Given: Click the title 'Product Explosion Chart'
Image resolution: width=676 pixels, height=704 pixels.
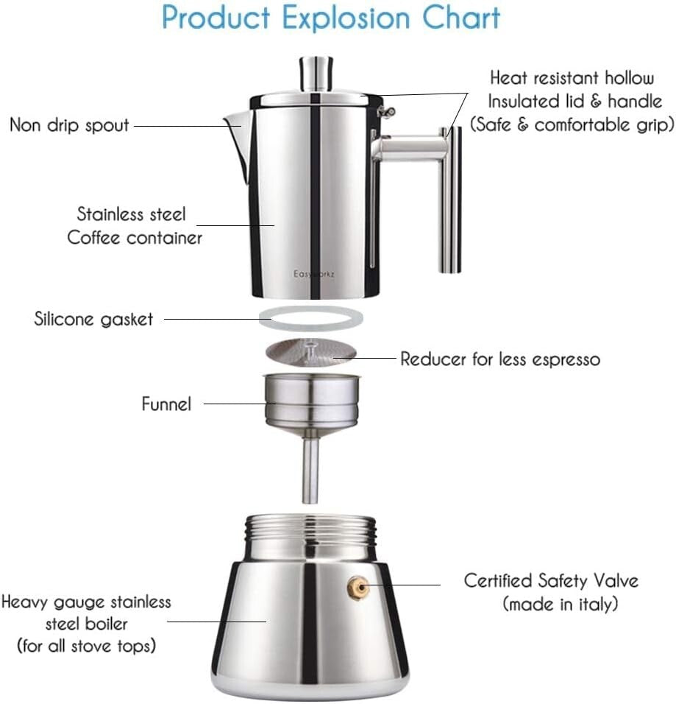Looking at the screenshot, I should [331, 18].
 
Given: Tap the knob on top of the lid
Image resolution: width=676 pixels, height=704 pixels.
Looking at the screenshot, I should [314, 74].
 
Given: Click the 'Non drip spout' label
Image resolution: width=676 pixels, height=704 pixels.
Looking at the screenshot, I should [69, 124].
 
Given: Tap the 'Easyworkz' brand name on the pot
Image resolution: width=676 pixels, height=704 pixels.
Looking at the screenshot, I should [314, 273].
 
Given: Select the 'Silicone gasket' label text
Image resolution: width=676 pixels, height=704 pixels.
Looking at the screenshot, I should [94, 319].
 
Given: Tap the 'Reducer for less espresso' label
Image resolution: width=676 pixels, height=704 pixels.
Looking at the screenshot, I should [500, 359].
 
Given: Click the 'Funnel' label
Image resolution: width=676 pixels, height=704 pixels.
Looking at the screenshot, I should [166, 404].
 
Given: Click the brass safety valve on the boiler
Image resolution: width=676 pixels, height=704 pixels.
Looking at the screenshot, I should [358, 585].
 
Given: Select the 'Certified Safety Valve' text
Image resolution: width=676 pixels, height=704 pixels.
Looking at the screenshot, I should [551, 580].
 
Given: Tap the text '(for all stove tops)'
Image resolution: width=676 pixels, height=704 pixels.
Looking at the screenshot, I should [86, 646].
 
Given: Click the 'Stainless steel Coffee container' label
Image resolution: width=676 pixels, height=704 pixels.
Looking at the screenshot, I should [134, 226].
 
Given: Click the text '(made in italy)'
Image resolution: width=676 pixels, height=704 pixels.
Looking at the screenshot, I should [560, 604].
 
